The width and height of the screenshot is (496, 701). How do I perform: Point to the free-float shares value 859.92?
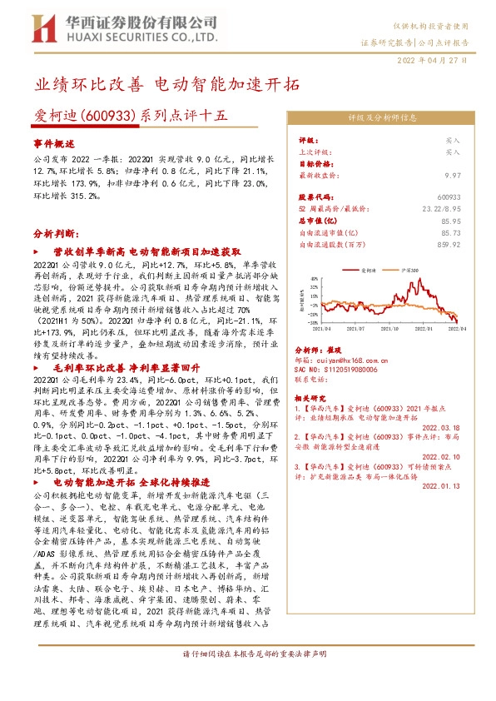[448, 244]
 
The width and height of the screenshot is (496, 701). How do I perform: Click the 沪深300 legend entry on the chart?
[408, 271]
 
